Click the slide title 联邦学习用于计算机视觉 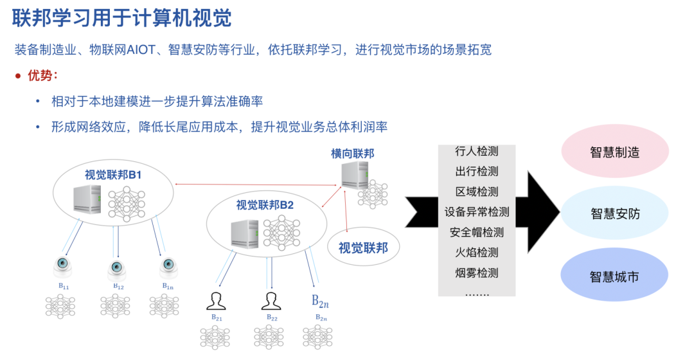point(122,17)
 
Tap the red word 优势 point(42,76)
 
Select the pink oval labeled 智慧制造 point(615,152)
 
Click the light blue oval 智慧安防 point(615,214)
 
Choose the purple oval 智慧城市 point(615,277)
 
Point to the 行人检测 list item point(476,151)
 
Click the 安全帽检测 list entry point(476,232)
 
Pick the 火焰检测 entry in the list point(476,253)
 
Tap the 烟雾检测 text point(476,273)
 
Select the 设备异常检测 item point(476,212)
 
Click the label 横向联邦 point(352,153)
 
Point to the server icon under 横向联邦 point(355,175)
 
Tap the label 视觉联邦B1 point(113,175)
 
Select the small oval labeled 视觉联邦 point(363,248)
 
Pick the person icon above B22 point(272,300)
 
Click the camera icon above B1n point(168,265)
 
